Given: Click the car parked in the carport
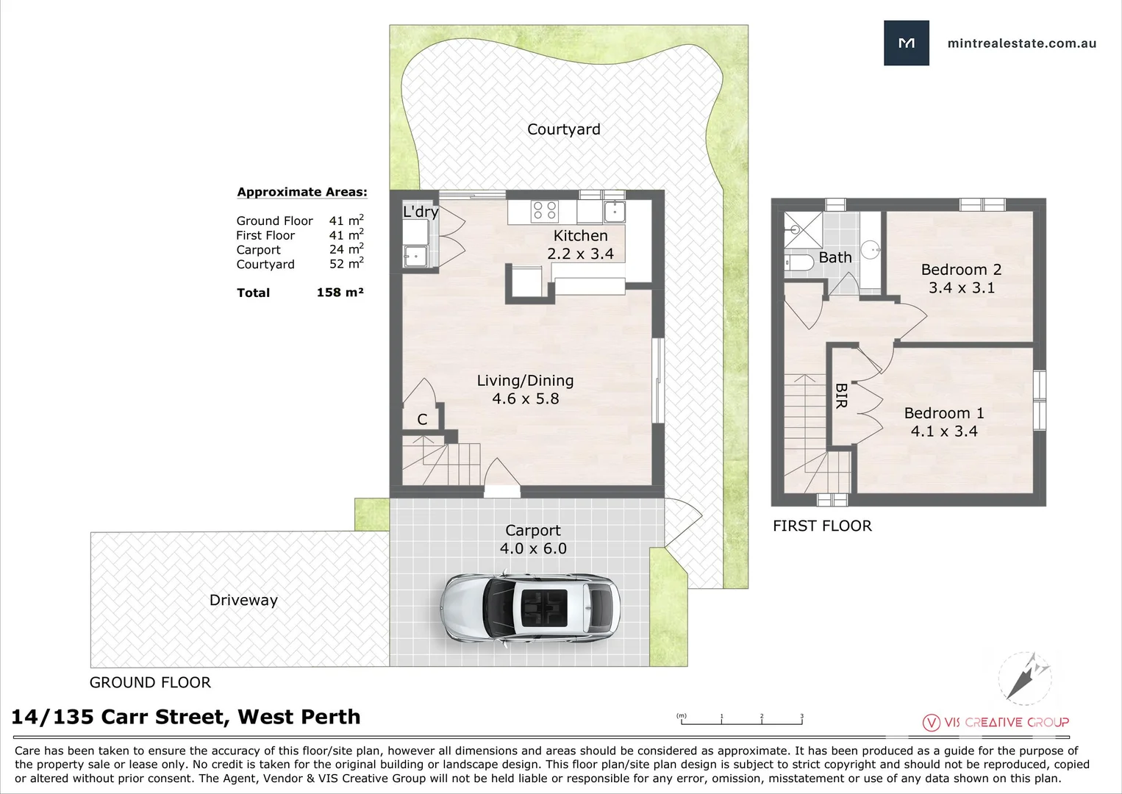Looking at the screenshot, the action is (x=530, y=609).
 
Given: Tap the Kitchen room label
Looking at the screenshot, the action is (x=581, y=235).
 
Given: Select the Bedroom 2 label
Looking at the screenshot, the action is (x=961, y=270).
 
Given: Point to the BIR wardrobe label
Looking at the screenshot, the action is (x=841, y=396).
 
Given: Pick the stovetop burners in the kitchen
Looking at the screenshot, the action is (x=545, y=210).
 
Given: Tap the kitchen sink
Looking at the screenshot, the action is (x=614, y=211).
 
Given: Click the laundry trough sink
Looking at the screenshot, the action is (x=415, y=256).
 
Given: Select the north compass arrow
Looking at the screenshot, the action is (x=1024, y=677).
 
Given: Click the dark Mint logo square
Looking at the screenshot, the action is (x=906, y=43).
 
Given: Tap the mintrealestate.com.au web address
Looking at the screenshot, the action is (x=1022, y=43).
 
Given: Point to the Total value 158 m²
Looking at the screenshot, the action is (x=340, y=292).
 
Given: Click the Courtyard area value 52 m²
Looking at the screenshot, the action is (x=346, y=263).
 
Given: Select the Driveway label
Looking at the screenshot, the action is (x=243, y=600).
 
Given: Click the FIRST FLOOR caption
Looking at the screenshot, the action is (x=822, y=526).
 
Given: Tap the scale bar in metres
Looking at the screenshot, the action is (x=740, y=719).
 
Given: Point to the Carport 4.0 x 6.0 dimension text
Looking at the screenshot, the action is (x=533, y=548).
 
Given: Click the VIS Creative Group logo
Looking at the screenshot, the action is (x=996, y=722).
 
